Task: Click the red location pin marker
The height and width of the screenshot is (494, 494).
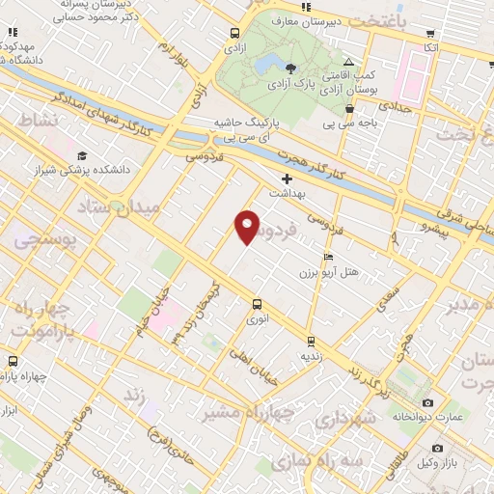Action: pos(248,226)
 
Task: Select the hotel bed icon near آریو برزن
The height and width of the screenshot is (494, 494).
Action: pos(329,258)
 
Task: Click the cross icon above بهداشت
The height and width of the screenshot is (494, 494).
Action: pos(287,179)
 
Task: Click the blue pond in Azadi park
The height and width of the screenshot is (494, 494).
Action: pos(263,66)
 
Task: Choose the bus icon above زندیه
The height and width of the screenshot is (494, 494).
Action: pos(311,341)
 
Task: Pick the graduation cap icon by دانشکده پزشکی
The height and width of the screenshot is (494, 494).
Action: pos(83,155)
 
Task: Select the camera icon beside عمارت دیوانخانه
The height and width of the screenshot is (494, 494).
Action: pos(428,402)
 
